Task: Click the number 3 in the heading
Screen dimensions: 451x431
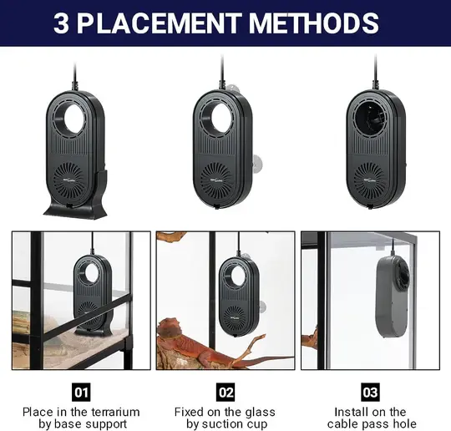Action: pyautogui.click(x=61, y=23)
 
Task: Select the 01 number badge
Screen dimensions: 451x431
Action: pyautogui.click(x=81, y=392)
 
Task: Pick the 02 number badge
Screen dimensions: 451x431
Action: pyautogui.click(x=225, y=392)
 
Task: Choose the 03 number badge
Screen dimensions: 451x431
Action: pyautogui.click(x=370, y=392)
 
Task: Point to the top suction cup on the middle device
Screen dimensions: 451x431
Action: pyautogui.click(x=232, y=89)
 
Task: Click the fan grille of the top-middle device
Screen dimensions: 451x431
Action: pyautogui.click(x=215, y=180)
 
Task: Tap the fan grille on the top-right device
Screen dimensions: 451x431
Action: pyautogui.click(x=369, y=181)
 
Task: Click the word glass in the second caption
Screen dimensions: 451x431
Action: pyautogui.click(x=260, y=413)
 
